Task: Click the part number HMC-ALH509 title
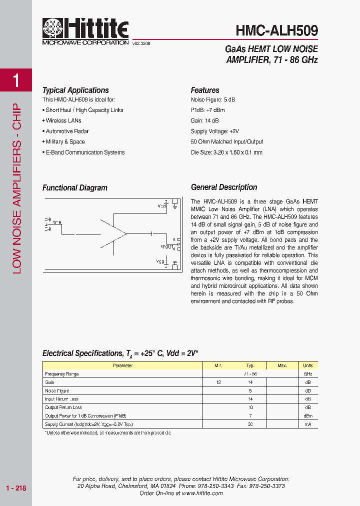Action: [276, 30]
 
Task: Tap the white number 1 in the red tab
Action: [16, 80]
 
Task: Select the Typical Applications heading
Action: [75, 90]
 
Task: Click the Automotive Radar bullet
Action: [67, 131]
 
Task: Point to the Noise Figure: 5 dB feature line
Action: [212, 99]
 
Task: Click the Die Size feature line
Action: [226, 152]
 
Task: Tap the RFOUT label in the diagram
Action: [166, 246]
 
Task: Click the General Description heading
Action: [224, 187]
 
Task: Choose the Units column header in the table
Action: [308, 365]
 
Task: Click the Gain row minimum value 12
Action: [218, 382]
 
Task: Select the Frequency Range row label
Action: [62, 374]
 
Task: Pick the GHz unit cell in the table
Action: [308, 374]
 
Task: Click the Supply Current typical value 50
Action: [250, 424]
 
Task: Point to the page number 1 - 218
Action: [16, 488]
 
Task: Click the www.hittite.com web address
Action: [202, 493]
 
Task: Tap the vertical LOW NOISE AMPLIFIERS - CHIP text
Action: [16, 188]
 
